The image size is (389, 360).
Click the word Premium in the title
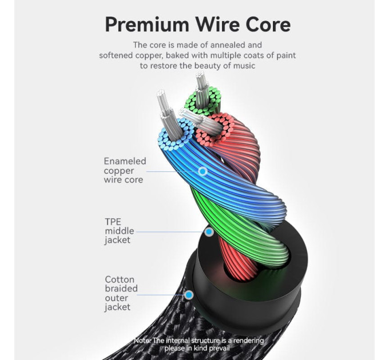tap(147, 25)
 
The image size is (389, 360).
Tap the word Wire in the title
tap(217, 24)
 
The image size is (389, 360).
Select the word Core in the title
tap(268, 24)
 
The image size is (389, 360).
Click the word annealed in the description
tap(236, 45)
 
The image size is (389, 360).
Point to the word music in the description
tap(244, 66)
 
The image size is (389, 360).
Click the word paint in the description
tap(286, 55)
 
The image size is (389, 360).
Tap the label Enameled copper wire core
tap(125, 170)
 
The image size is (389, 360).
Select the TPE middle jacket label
tap(120, 231)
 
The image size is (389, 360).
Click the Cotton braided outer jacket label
tap(121, 293)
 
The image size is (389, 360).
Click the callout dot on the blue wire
tap(203, 171)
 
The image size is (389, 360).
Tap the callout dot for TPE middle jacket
tap(209, 232)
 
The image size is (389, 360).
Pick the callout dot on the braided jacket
tap(189, 295)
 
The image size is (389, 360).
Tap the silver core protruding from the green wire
tap(202, 90)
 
